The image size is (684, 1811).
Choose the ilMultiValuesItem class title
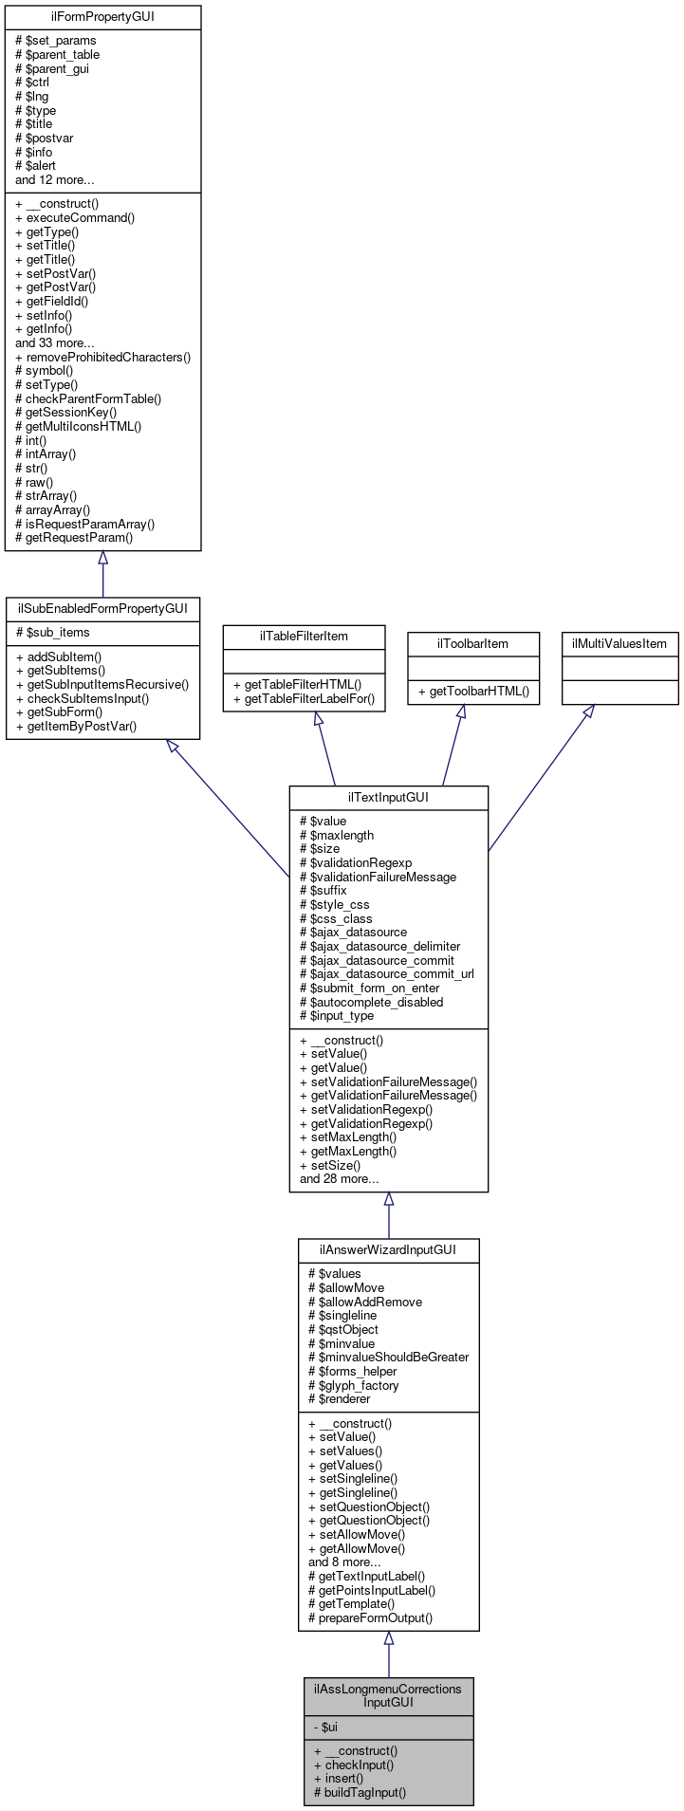click(619, 644)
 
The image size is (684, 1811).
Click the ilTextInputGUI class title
click(388, 797)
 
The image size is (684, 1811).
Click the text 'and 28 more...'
click(339, 1179)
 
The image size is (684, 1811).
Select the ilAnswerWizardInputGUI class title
click(388, 1249)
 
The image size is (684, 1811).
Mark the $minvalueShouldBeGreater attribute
click(388, 1357)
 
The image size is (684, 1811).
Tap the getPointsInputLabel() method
click(371, 1590)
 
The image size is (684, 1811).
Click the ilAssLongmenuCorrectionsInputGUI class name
click(388, 1695)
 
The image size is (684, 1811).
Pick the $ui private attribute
click(324, 1728)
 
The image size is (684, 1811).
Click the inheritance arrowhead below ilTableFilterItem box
click(319, 719)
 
